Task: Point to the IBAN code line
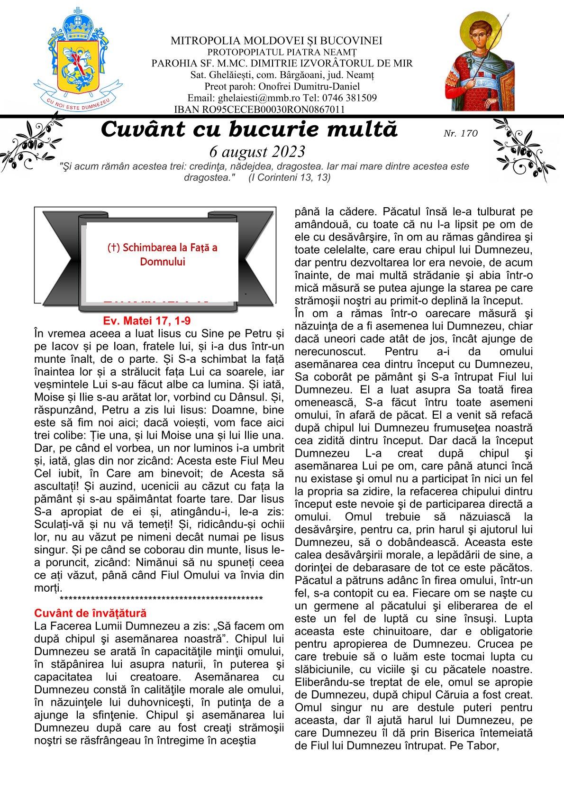(259, 110)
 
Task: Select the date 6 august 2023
(257, 151)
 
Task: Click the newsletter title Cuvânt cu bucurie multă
(249, 129)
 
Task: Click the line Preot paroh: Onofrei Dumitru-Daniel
(282, 87)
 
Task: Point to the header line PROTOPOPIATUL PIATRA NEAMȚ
(282, 52)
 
